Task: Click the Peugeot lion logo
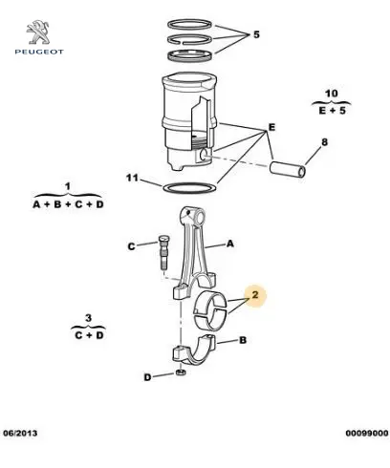[x=38, y=32]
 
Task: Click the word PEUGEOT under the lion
[x=39, y=52]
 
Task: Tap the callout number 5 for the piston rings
[x=256, y=34]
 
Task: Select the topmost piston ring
[x=190, y=25]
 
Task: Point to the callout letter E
[x=271, y=127]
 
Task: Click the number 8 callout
[x=324, y=142]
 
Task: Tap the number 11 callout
[x=132, y=178]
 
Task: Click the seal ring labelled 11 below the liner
[x=190, y=188]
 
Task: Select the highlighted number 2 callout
[x=255, y=295]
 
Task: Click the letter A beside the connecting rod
[x=230, y=244]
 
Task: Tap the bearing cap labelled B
[x=194, y=351]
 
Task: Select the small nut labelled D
[x=181, y=372]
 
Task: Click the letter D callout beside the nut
[x=147, y=377]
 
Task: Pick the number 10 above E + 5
[x=332, y=94]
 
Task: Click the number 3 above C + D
[x=88, y=318]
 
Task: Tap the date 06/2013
[x=20, y=433]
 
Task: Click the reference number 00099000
[x=367, y=433]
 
